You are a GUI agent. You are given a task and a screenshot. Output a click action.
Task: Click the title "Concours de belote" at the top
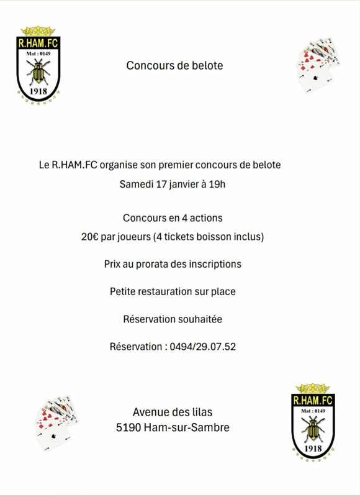click(174, 65)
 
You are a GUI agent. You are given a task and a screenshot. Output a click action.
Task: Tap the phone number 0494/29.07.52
click(202, 347)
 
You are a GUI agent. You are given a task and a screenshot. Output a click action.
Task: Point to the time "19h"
click(218, 185)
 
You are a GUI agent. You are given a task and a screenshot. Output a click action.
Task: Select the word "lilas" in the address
click(200, 411)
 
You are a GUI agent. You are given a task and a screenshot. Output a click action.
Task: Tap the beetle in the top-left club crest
click(38, 74)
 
